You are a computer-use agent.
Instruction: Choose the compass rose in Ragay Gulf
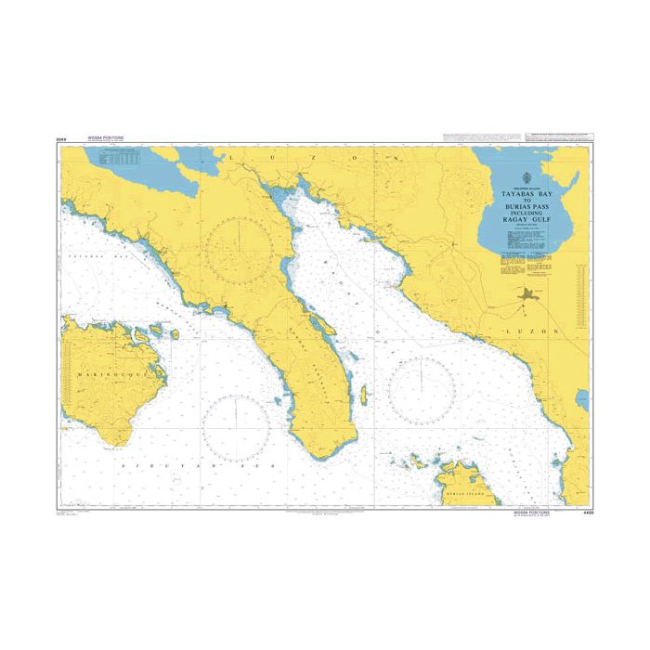[x=422, y=391]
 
